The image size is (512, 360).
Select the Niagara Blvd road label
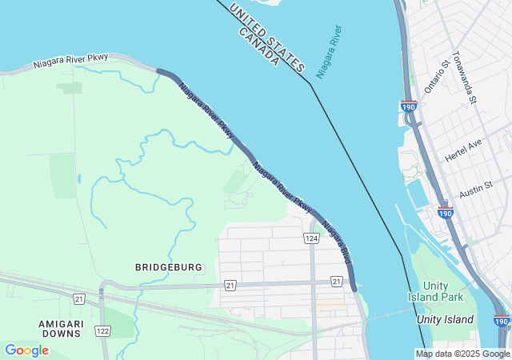pos(337,241)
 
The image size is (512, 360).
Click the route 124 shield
pos(311,238)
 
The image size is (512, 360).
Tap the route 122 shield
pos(102,331)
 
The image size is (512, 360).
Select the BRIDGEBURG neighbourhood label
pos(169,266)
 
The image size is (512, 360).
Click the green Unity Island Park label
pos(444,291)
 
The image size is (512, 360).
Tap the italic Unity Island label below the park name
pos(446,319)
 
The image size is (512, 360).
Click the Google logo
pos(26,350)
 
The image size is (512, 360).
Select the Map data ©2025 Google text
pos(462,354)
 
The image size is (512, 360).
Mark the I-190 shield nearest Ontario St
pos(408,106)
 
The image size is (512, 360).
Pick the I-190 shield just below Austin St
pos(446,213)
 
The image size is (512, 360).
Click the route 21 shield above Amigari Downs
pos(78,299)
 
